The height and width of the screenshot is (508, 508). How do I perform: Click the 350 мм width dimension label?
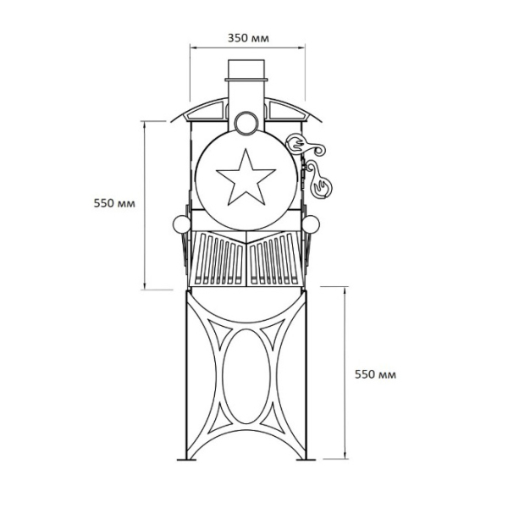[x=248, y=38]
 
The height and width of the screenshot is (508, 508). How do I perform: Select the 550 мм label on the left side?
[x=114, y=203]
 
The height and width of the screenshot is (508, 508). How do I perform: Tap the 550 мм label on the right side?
[x=375, y=374]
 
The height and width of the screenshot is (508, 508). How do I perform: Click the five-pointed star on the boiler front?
[x=246, y=178]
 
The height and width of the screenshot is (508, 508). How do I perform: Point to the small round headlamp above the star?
[x=246, y=123]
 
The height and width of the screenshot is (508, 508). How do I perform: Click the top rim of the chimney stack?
[x=246, y=79]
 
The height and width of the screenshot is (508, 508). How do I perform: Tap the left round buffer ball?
[x=181, y=224]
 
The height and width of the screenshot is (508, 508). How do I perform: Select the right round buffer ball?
[x=311, y=224]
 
